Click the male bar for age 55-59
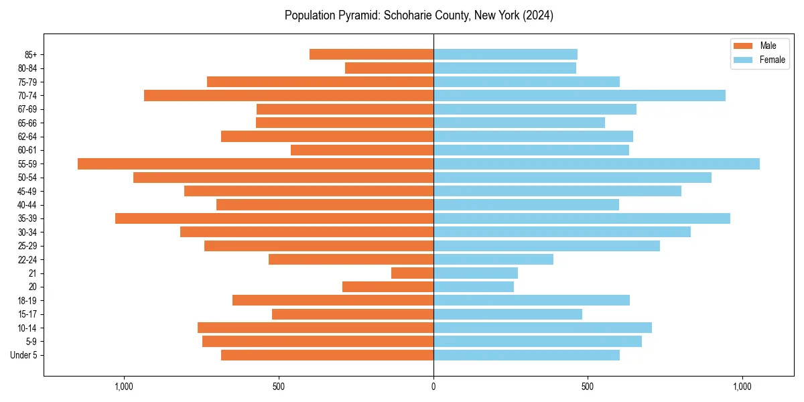255,163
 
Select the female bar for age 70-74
580,95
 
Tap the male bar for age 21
412,273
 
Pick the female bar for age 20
474,287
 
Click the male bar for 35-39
274,218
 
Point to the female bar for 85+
505,54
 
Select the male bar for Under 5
327,355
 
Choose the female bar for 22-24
493,259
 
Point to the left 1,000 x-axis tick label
124,387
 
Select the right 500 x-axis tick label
588,387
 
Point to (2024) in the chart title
539,15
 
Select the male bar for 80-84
389,68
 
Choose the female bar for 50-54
572,178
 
